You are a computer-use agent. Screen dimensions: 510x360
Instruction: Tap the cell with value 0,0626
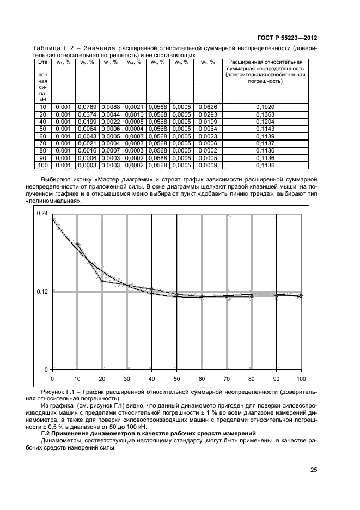(208, 108)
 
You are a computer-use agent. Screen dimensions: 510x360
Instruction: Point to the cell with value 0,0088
(111, 108)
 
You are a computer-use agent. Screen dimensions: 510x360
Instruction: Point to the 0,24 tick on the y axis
(42, 214)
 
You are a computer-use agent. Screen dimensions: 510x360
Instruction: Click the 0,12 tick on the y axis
(42, 292)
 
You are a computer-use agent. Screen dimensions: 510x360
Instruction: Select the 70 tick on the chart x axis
(226, 378)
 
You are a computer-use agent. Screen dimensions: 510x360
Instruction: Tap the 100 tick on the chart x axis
(301, 378)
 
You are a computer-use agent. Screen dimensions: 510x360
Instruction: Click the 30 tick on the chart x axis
(127, 378)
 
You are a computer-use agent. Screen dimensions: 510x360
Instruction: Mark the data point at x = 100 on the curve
(301, 295)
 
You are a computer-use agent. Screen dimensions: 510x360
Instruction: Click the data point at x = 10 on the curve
(77, 245)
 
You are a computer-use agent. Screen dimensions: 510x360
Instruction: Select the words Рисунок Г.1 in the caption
(58, 392)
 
